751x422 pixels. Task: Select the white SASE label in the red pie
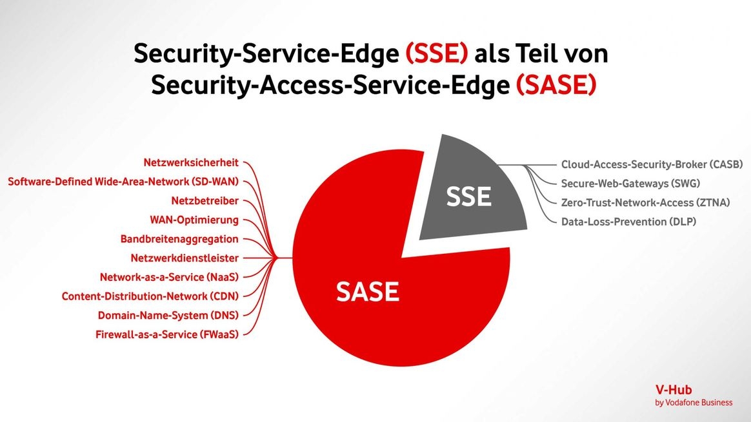tap(367, 291)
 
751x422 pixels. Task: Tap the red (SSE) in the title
tap(436, 53)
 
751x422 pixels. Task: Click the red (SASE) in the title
tap(556, 84)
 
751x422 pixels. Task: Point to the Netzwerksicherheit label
tap(190, 162)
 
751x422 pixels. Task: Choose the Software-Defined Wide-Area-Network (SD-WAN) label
tap(123, 182)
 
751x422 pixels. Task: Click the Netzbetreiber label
tap(205, 201)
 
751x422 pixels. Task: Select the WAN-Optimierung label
tap(194, 220)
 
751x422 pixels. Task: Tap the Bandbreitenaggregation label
tap(179, 239)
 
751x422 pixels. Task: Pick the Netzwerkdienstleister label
tap(185, 258)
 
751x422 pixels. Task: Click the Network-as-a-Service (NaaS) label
tap(169, 277)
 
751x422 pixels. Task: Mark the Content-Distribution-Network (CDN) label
tap(150, 296)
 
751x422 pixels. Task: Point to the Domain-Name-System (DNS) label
tap(168, 315)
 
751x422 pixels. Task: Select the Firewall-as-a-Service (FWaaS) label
tap(166, 334)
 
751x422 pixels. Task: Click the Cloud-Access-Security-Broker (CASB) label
tap(652, 164)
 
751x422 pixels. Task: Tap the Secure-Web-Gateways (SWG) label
tap(630, 184)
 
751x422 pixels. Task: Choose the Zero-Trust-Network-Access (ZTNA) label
tap(645, 203)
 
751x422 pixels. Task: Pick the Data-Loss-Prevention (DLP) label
tap(628, 222)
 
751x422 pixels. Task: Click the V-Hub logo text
tap(674, 390)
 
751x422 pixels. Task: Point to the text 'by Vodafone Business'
tap(694, 403)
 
